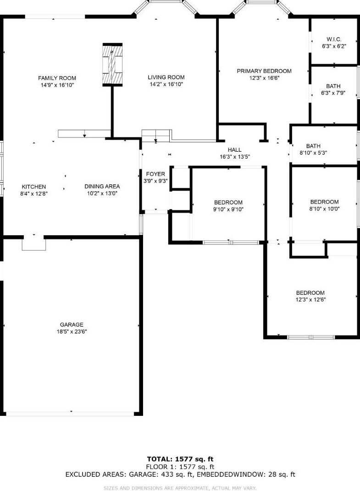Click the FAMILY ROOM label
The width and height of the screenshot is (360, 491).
pyautogui.click(x=57, y=78)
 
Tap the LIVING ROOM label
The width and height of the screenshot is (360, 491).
pyautogui.click(x=166, y=77)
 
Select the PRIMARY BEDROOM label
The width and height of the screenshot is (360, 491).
pyautogui.click(x=264, y=71)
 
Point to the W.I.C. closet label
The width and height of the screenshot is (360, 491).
pyautogui.click(x=334, y=39)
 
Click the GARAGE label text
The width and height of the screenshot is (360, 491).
pyautogui.click(x=72, y=325)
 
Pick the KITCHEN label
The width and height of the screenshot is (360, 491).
pyautogui.click(x=34, y=187)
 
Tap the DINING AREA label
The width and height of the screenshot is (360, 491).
pyautogui.click(x=102, y=186)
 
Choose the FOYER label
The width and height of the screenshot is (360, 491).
pyautogui.click(x=155, y=174)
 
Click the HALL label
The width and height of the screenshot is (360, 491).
pyautogui.click(x=235, y=150)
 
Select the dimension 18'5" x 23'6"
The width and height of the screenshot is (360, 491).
pyautogui.click(x=72, y=331)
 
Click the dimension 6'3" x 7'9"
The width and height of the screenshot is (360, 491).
pyautogui.click(x=333, y=93)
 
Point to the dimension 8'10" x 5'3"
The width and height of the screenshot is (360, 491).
pyautogui.click(x=313, y=153)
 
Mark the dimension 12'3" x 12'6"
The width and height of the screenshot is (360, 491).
pyautogui.click(x=310, y=300)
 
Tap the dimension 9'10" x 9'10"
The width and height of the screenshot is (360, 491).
pyautogui.click(x=228, y=210)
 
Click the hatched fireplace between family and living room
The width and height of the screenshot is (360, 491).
pyautogui.click(x=112, y=65)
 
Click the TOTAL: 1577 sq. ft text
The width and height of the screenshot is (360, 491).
pyautogui.click(x=180, y=459)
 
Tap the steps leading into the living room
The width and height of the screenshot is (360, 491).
pyautogui.click(x=156, y=136)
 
